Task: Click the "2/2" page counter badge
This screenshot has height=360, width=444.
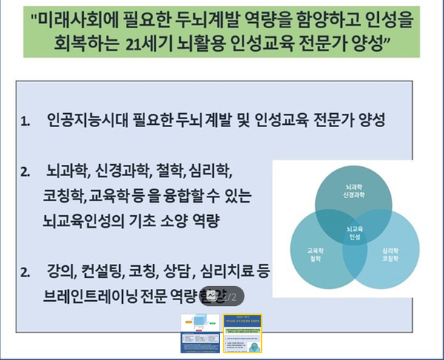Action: (x=223, y=296)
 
